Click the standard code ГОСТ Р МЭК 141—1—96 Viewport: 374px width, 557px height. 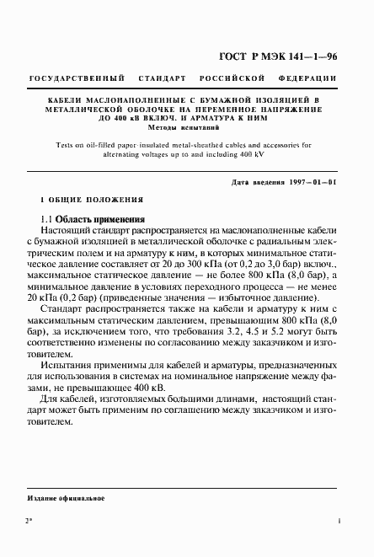pyautogui.click(x=279, y=57)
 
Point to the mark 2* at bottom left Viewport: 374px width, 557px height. pyautogui.click(x=30, y=523)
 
